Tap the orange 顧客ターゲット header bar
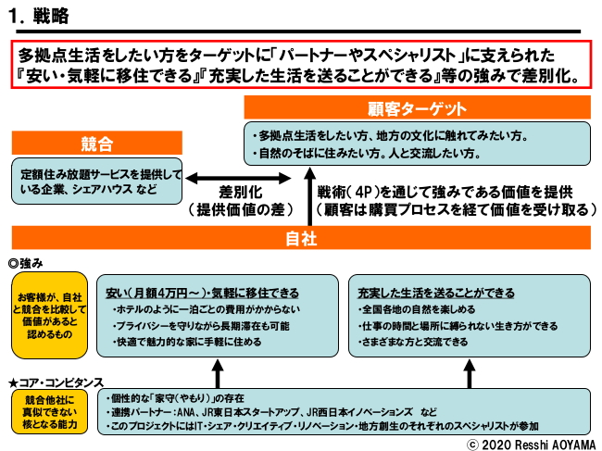[x=418, y=107]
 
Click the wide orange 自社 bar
[x=301, y=238]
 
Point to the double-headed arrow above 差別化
[x=232, y=180]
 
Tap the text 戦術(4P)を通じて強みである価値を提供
[x=445, y=193]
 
